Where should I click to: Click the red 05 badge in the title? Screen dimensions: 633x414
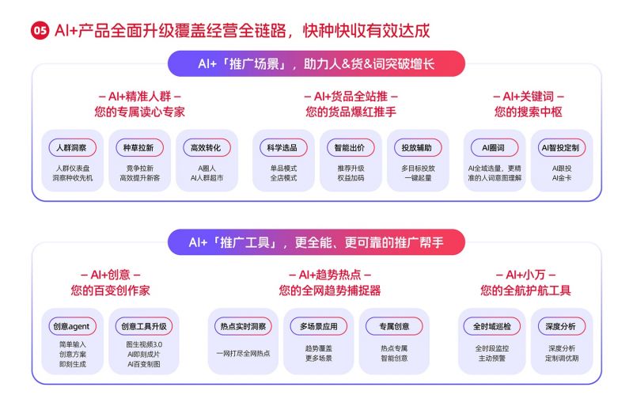point(40,31)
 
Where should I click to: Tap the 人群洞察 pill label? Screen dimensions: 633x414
point(72,148)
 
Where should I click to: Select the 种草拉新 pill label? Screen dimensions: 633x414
point(139,148)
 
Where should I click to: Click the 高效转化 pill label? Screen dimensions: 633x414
point(207,148)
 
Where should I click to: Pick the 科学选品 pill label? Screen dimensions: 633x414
point(283,148)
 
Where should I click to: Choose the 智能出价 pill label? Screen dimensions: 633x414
point(350,148)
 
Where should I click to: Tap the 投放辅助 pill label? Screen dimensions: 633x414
point(418,148)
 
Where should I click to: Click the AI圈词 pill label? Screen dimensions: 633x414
point(494,148)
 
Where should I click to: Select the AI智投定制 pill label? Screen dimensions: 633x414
point(561,148)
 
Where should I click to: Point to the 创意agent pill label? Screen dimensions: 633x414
point(72,326)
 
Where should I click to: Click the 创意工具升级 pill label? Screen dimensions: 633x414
point(144,326)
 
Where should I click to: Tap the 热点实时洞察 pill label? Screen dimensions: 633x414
point(243,326)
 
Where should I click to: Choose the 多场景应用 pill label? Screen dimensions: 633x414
point(319,326)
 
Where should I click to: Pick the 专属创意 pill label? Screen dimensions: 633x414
point(394,326)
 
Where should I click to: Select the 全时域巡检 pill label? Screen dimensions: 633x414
point(491,326)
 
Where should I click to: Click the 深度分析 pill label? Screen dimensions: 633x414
point(561,326)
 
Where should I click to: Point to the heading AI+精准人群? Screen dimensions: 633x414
point(140,97)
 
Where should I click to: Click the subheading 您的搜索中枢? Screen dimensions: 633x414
point(528,112)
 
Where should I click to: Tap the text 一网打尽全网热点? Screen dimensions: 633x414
point(243,353)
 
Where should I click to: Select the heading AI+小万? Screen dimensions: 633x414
point(525,275)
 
